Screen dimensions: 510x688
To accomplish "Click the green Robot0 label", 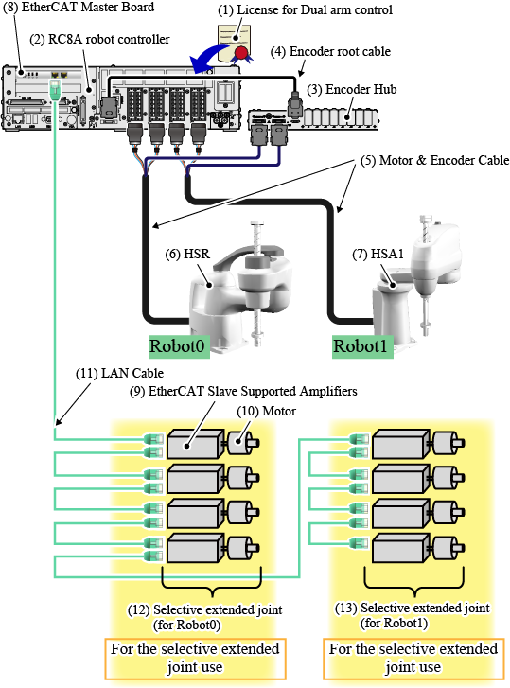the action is click(x=177, y=346).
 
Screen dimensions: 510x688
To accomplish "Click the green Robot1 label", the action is click(x=361, y=346).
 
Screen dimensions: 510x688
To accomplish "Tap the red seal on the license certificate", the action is click(x=241, y=53).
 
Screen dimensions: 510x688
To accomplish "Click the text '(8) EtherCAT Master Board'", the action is click(x=79, y=7).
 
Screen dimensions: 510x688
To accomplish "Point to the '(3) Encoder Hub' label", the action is click(x=352, y=90).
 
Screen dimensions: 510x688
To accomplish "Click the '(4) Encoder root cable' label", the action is click(x=330, y=51).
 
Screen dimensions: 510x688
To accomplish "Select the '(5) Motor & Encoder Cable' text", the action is click(x=434, y=160).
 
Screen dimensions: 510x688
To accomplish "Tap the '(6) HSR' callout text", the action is click(x=187, y=254).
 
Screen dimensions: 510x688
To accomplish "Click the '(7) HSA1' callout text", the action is click(x=378, y=254).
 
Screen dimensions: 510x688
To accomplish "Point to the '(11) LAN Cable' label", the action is click(x=120, y=373).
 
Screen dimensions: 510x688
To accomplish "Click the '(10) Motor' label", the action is click(x=266, y=411).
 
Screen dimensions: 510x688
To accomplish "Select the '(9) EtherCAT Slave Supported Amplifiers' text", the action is click(x=243, y=391).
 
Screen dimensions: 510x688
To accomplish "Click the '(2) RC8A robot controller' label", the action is click(x=99, y=39).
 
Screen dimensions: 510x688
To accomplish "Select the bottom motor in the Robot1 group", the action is click(x=448, y=547).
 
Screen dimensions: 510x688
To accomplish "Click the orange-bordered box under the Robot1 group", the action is click(x=413, y=658).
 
